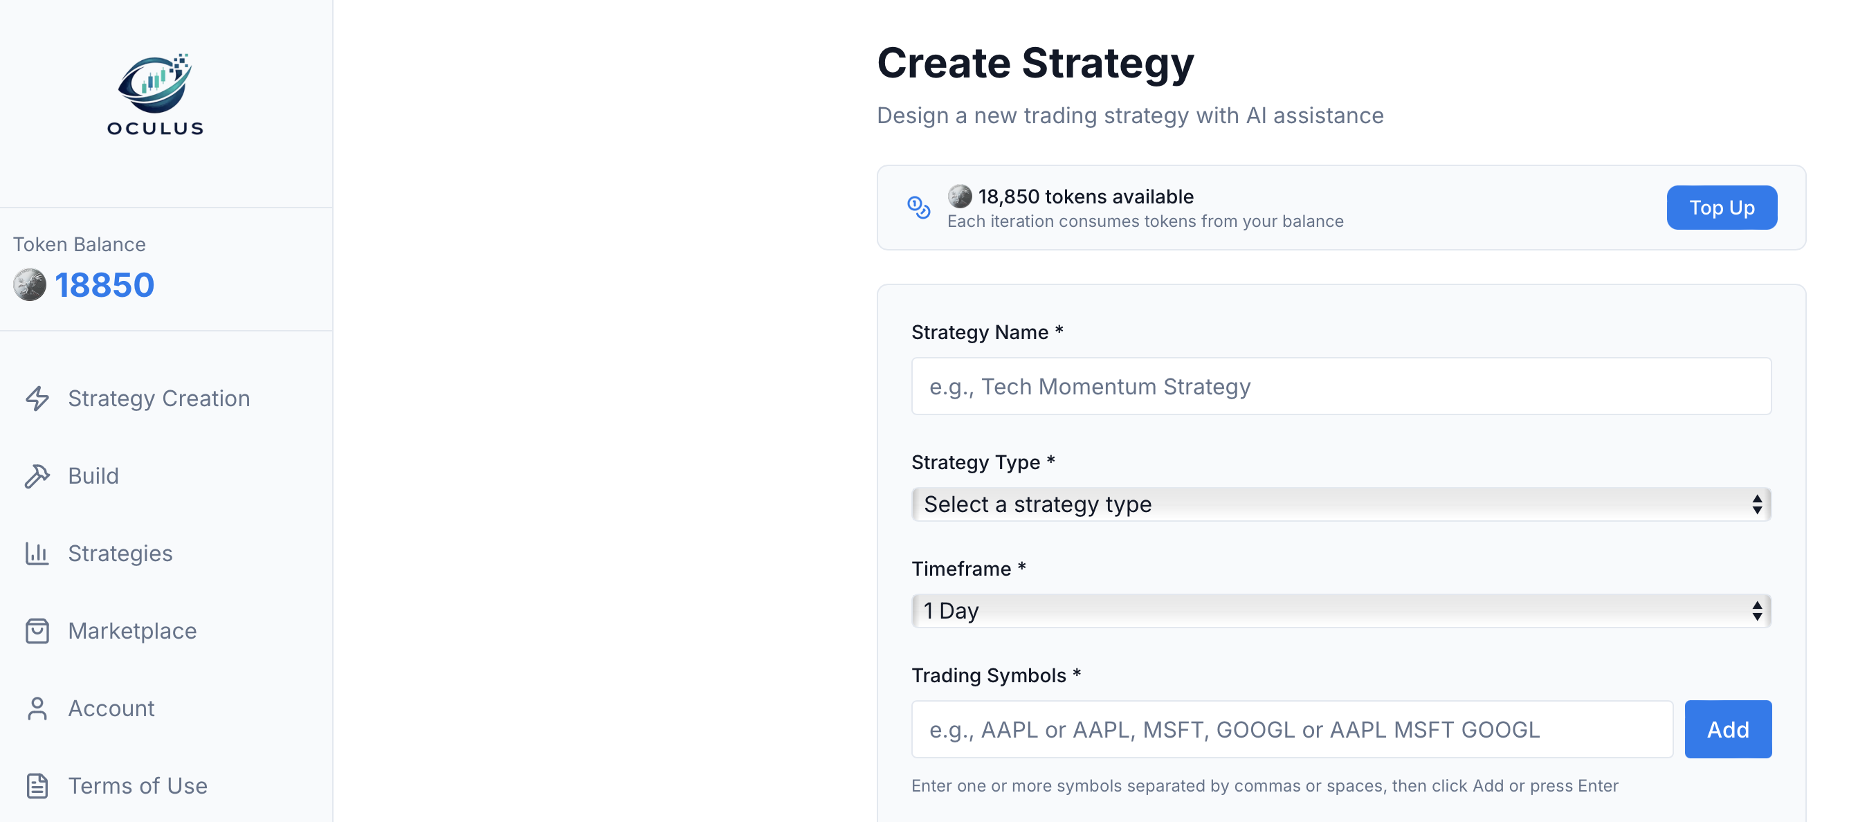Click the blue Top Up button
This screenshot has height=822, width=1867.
click(x=1720, y=208)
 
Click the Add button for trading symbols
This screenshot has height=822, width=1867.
click(x=1727, y=729)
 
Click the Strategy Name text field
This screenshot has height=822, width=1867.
click(x=1341, y=386)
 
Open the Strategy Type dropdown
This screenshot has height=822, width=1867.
click(x=1341, y=504)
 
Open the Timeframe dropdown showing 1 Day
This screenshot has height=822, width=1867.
click(x=1341, y=611)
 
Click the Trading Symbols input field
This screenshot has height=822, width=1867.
click(x=1291, y=729)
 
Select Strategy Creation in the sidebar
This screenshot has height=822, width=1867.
click(x=158, y=399)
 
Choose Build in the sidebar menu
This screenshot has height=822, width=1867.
click(x=93, y=476)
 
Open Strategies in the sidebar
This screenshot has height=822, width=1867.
click(x=120, y=554)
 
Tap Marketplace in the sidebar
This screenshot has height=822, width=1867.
click(x=133, y=631)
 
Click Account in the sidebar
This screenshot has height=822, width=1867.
click(x=111, y=709)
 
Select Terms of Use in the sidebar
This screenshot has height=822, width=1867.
click(x=138, y=787)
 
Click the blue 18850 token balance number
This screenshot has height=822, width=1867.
click(x=104, y=285)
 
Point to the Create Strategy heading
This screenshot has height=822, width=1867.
click(x=1035, y=63)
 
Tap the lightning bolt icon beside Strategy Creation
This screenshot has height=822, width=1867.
click(x=37, y=399)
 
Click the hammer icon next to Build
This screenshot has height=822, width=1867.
click(x=37, y=476)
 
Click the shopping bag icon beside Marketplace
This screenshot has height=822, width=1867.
click(x=37, y=631)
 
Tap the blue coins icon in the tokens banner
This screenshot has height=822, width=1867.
click(x=918, y=208)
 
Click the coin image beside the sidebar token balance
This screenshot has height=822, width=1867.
click(x=30, y=285)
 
